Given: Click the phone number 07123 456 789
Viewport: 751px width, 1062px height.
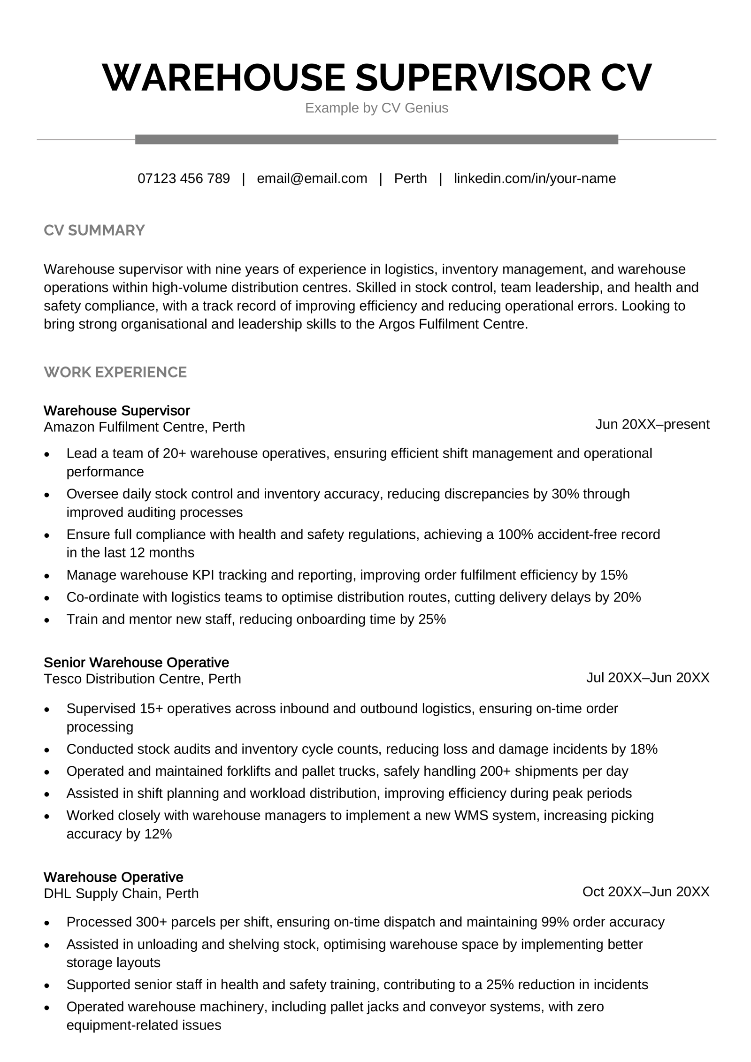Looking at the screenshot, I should (184, 178).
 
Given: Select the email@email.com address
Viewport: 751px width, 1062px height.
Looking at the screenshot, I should (312, 178).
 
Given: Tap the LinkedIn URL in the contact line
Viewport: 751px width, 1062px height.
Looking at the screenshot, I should (535, 178).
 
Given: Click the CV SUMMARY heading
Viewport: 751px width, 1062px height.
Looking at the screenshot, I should (94, 230).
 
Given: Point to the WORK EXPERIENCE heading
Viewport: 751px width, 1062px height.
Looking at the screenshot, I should (115, 372).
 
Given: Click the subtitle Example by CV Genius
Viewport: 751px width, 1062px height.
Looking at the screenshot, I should (376, 108).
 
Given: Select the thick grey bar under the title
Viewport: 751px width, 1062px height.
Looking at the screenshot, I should (376, 139).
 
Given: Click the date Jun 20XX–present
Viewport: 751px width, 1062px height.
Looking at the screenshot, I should (652, 424).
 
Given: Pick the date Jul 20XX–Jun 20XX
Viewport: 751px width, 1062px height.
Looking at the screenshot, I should (647, 678).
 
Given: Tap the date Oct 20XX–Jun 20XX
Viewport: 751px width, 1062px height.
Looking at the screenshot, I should (645, 892).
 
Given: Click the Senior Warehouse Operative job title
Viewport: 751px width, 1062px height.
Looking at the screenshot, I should (136, 662).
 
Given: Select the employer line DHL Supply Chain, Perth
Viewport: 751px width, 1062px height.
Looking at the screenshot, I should (121, 894).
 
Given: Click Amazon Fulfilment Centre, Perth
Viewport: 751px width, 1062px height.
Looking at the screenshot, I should (144, 427).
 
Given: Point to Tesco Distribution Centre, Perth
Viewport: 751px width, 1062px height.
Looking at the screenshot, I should (142, 679).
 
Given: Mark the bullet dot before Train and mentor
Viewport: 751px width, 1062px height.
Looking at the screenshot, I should (46, 620).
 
